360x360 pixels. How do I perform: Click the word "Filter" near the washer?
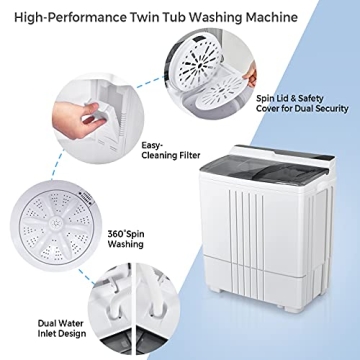pos(165,155)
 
